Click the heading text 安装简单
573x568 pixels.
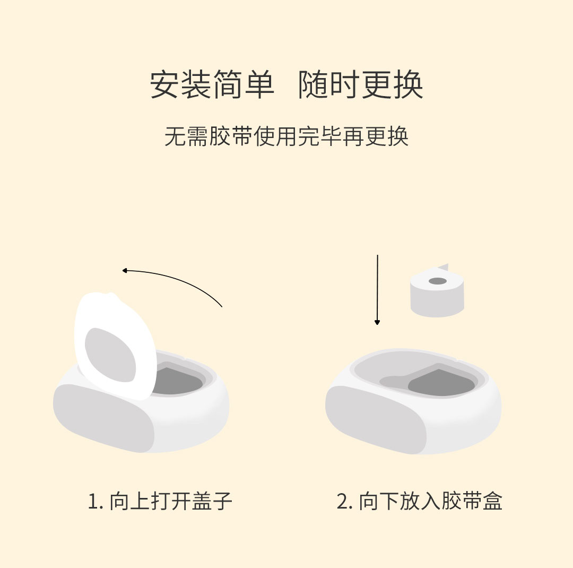tap(212, 84)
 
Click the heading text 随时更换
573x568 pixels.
tap(361, 84)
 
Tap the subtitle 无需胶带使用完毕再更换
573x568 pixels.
tap(286, 136)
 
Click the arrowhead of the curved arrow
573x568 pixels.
tap(125, 271)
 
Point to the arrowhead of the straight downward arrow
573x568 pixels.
tap(377, 322)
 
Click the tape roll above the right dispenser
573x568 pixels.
tap(437, 291)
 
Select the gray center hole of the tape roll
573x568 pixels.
tap(437, 281)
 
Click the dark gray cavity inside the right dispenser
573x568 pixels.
tap(441, 383)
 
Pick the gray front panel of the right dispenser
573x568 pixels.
tap(376, 419)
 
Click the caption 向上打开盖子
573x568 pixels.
tap(171, 501)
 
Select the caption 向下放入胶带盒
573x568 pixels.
tap(430, 501)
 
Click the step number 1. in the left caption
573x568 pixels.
tap(95, 502)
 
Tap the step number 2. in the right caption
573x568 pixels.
tap(345, 502)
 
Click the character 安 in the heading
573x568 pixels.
tap(165, 84)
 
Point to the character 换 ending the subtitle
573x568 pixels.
tap(397, 136)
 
